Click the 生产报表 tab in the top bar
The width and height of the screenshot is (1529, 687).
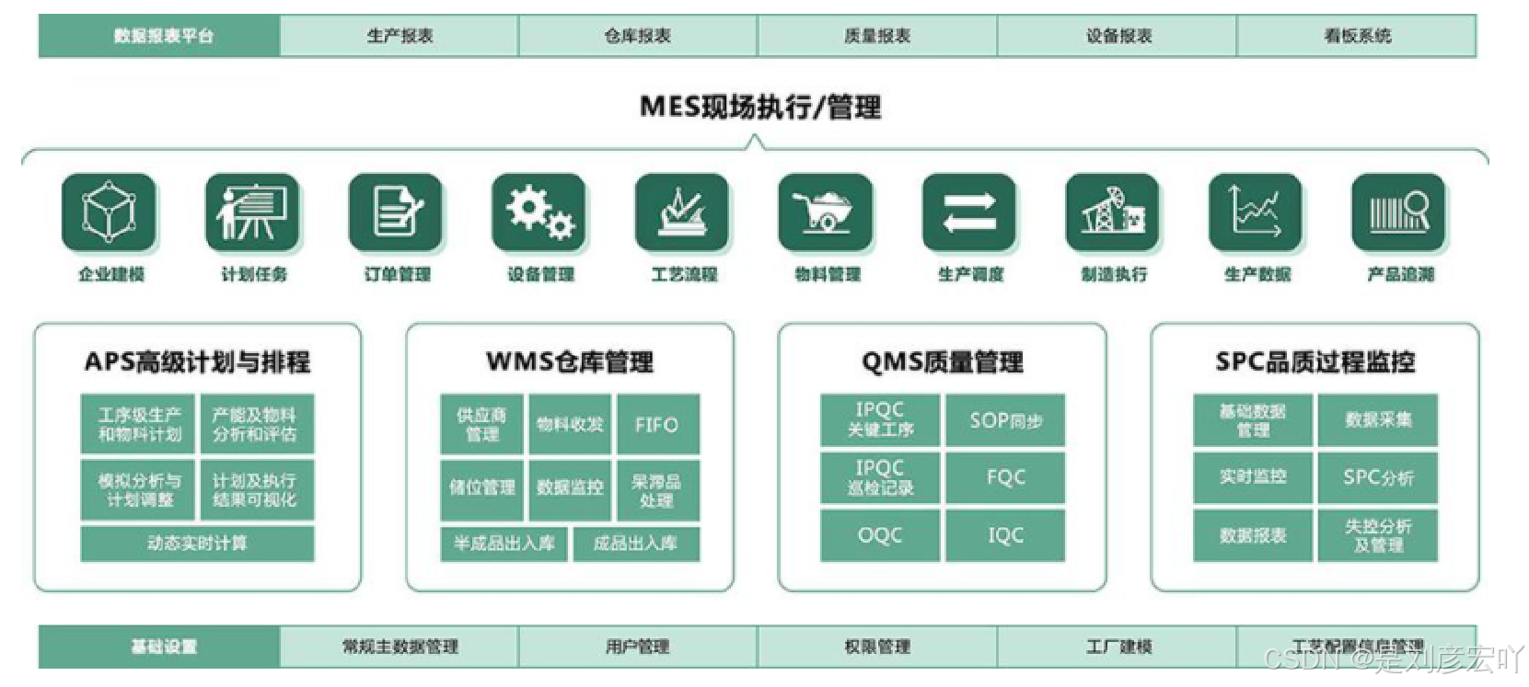click(x=400, y=36)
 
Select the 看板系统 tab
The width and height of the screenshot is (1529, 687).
click(x=1357, y=36)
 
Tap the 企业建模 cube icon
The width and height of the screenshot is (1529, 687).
click(x=110, y=212)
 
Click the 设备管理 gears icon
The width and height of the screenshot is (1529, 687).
click(x=539, y=212)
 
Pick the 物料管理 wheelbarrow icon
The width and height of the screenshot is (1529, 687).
click(x=826, y=212)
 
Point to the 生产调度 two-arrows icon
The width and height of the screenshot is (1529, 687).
click(x=969, y=212)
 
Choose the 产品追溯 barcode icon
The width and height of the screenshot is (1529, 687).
click(x=1399, y=212)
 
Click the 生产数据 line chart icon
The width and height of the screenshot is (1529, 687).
click(x=1256, y=212)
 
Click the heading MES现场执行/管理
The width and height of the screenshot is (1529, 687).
click(x=760, y=107)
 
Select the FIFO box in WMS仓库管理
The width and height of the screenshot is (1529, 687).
click(x=657, y=424)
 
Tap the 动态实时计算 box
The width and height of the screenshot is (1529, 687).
click(x=197, y=544)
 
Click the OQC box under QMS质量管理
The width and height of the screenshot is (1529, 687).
click(x=880, y=535)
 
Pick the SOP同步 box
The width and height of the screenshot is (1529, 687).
click(x=1005, y=420)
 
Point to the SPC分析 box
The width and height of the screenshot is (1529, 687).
click(x=1377, y=477)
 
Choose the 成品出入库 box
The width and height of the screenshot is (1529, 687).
click(x=635, y=544)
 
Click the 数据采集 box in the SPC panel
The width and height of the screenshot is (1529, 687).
click(x=1377, y=420)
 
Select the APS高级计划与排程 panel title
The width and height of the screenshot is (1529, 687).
click(x=197, y=361)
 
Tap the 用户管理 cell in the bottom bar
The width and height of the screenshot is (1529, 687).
click(x=637, y=647)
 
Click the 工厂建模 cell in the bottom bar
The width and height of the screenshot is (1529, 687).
click(x=1118, y=647)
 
